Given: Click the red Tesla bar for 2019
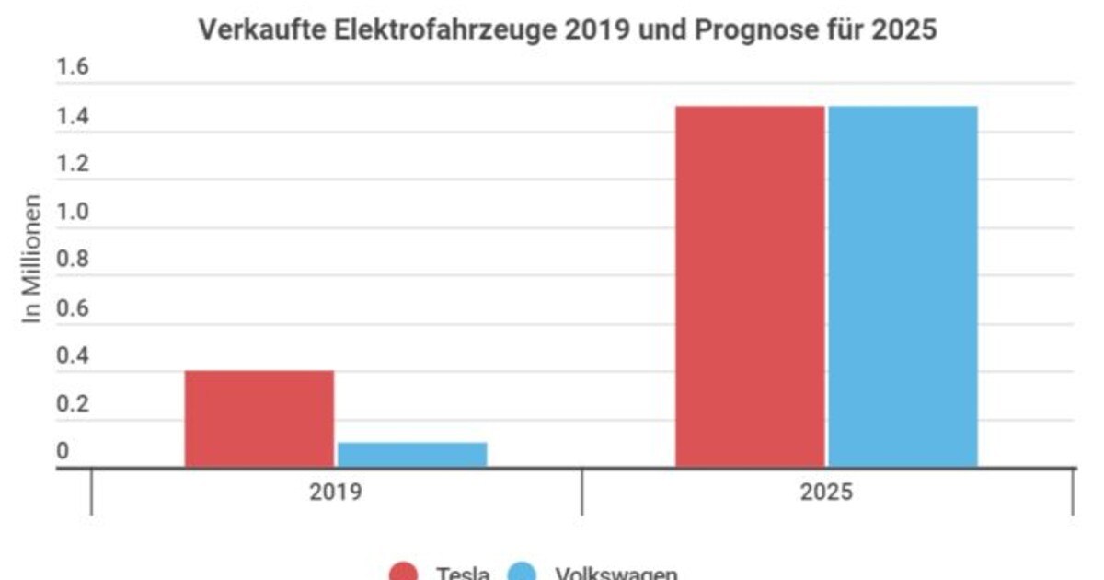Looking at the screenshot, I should click(x=259, y=419).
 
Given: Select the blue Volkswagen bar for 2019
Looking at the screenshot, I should click(x=411, y=455).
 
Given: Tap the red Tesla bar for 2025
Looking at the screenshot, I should click(x=750, y=286).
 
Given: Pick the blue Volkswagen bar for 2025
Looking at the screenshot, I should click(x=903, y=286).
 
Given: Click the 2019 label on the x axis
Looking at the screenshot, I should click(x=335, y=492).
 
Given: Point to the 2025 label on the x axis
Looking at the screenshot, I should click(x=826, y=492).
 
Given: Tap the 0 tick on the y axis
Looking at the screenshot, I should click(x=63, y=452).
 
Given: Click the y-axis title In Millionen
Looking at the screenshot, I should click(x=33, y=258).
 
